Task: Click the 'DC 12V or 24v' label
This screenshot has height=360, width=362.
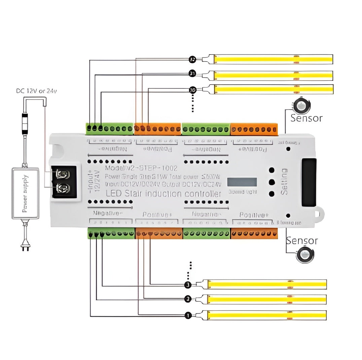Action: coord(37,91)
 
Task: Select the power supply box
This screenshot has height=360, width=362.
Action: coord(26,193)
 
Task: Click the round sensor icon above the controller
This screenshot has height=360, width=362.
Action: coord(302,106)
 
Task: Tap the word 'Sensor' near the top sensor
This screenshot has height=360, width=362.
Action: coord(306,118)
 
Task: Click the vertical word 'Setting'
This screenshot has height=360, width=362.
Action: coord(284,182)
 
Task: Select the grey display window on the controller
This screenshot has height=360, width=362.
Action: coord(242,182)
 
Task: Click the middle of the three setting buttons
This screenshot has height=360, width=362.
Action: coord(271,182)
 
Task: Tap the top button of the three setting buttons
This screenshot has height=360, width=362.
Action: coord(271,170)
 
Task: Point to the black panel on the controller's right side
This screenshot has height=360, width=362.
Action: coord(309,182)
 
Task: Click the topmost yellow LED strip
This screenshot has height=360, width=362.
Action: coord(273,59)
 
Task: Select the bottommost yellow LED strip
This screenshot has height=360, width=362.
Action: coord(267,315)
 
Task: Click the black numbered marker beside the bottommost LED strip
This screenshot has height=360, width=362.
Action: coord(188,315)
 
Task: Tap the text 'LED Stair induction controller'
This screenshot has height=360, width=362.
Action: coord(164,194)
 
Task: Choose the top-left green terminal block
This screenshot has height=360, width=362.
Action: coord(110,129)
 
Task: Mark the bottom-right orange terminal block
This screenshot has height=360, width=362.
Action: coord(254,233)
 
